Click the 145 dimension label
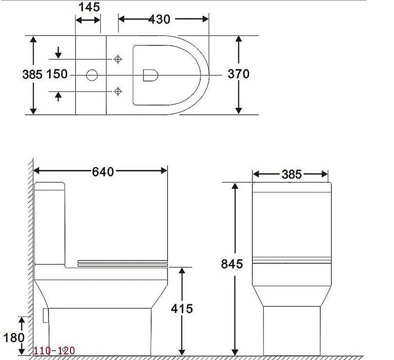click(x=89, y=7)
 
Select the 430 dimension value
click(x=160, y=19)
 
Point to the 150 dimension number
click(x=57, y=74)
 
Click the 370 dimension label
click(x=238, y=74)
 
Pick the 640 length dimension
click(x=103, y=172)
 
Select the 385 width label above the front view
click(x=291, y=174)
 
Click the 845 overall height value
click(x=232, y=264)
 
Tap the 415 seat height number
click(x=182, y=308)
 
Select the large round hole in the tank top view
click(x=92, y=75)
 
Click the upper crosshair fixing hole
click(x=117, y=59)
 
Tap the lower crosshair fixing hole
click(x=117, y=91)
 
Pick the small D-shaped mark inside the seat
click(x=150, y=75)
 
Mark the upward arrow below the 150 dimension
click(x=58, y=96)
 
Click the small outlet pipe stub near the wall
click(x=45, y=315)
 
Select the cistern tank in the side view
click(x=50, y=223)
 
